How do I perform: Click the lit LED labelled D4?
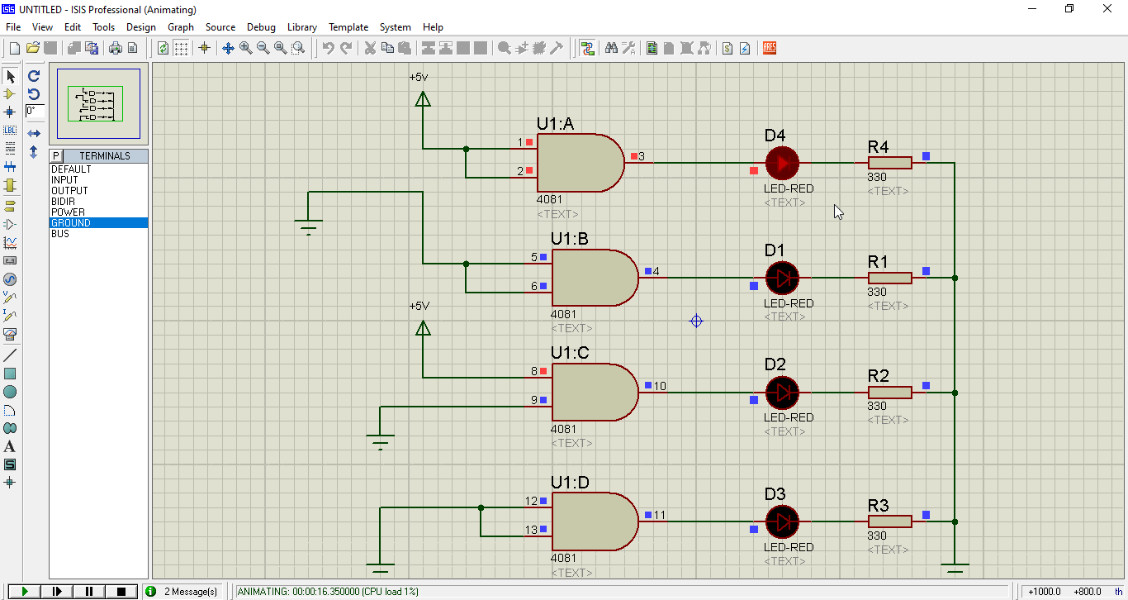[781, 164]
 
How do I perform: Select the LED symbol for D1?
[781, 279]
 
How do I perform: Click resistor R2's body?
[889, 393]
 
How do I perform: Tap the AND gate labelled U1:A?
[579, 163]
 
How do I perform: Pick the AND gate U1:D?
[593, 521]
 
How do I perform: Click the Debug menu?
[261, 27]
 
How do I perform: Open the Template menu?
[348, 27]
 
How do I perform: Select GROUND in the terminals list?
[71, 223]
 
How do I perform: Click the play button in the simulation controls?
[25, 591]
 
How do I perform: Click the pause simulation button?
[89, 591]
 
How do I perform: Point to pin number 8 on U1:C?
[533, 372]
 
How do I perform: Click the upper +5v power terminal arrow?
[423, 100]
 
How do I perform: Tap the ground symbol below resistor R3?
[955, 569]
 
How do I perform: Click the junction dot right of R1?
[955, 279]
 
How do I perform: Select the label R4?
[878, 147]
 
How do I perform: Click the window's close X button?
[1107, 8]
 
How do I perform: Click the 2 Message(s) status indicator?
[190, 592]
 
